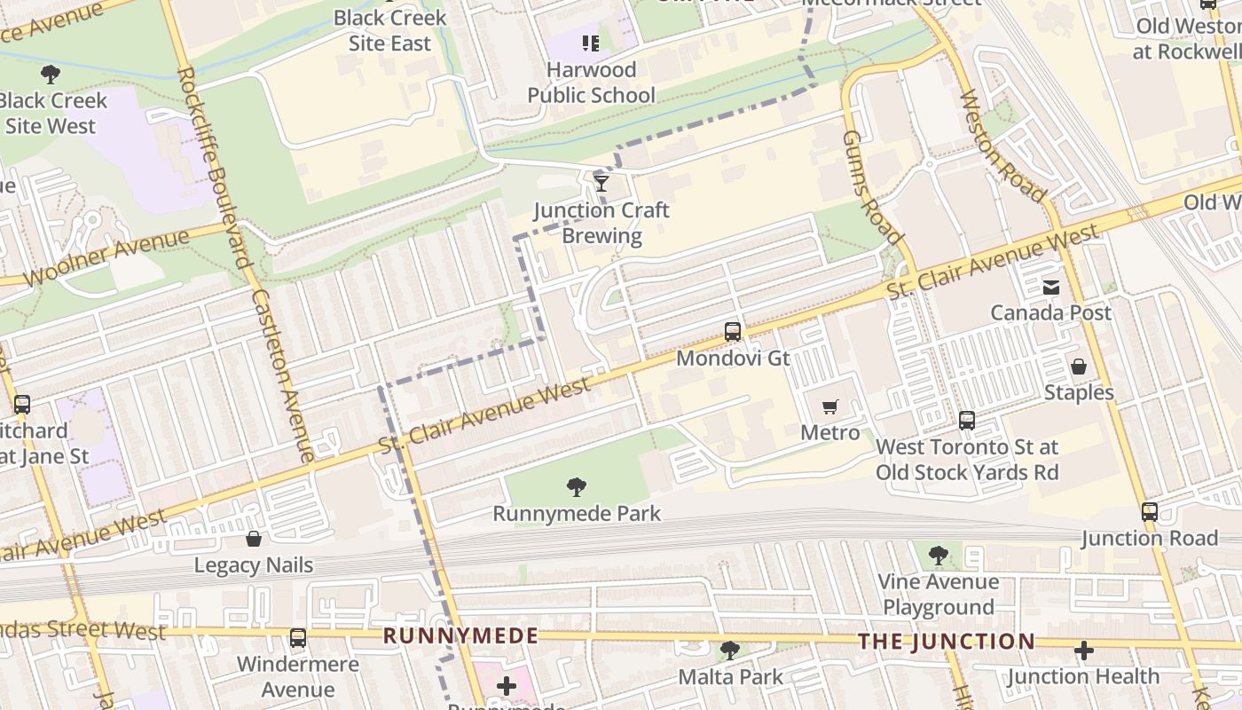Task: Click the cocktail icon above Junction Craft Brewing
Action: pyautogui.click(x=601, y=183)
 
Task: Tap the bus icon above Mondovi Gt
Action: pyautogui.click(x=733, y=332)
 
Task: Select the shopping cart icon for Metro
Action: pyautogui.click(x=830, y=406)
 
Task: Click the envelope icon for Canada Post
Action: pyautogui.click(x=1051, y=287)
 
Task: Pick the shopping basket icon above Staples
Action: pyautogui.click(x=1079, y=367)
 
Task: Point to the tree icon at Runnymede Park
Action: pyautogui.click(x=577, y=486)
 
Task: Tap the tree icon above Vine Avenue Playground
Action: pyautogui.click(x=939, y=556)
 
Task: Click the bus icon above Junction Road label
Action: pyautogui.click(x=1150, y=511)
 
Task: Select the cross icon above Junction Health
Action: pyautogui.click(x=1083, y=651)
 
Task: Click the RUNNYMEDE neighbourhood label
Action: pyautogui.click(x=460, y=635)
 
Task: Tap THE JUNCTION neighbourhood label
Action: pyautogui.click(x=947, y=641)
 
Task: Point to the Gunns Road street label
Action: pyautogui.click(x=871, y=187)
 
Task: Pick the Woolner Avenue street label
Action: pyautogui.click(x=106, y=258)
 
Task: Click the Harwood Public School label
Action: pyautogui.click(x=591, y=83)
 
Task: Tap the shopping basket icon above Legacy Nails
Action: pyautogui.click(x=254, y=539)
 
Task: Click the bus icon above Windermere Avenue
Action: pyautogui.click(x=298, y=637)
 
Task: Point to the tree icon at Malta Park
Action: pyautogui.click(x=730, y=651)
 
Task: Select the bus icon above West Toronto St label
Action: pyautogui.click(x=967, y=421)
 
